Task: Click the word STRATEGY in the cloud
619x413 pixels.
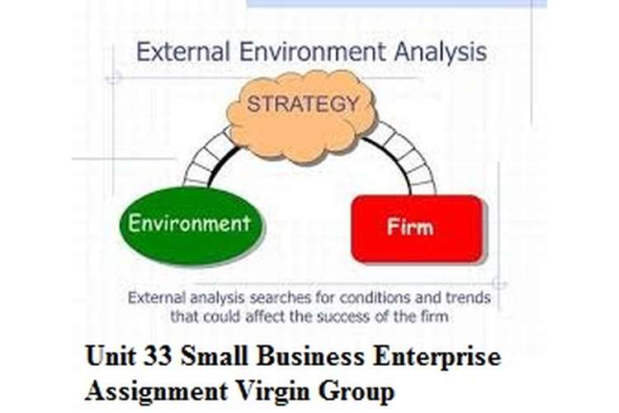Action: pos(303,104)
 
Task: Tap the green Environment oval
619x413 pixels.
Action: pos(191,225)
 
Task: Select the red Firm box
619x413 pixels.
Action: pos(418,229)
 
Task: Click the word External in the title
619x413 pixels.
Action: pos(182,52)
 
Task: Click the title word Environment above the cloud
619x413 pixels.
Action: pos(312,52)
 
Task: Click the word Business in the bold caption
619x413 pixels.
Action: pos(310,356)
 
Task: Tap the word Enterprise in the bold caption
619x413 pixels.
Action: pos(437,357)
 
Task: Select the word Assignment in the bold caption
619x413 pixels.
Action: pos(156,392)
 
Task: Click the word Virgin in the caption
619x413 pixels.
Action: pos(273,392)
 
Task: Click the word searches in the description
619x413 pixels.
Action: pos(281,297)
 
